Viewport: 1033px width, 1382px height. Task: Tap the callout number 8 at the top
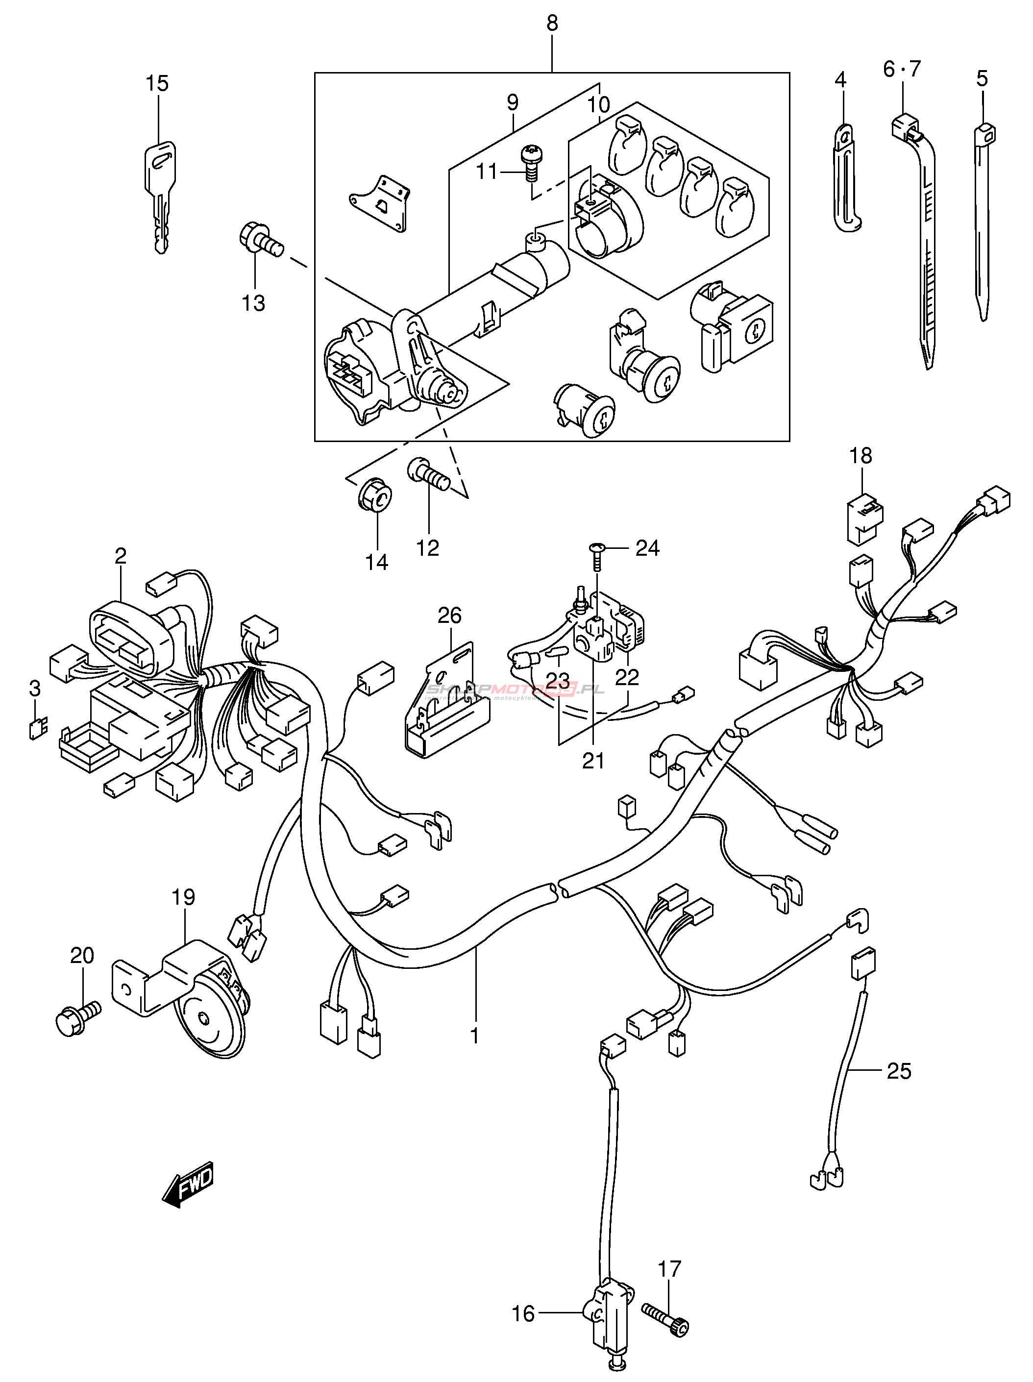pos(552,24)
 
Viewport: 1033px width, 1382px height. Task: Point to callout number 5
pos(982,79)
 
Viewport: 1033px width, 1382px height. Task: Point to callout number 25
pos(899,1071)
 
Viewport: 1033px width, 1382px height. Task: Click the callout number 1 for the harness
pos(475,1036)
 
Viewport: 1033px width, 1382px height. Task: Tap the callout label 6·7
pos(902,68)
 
